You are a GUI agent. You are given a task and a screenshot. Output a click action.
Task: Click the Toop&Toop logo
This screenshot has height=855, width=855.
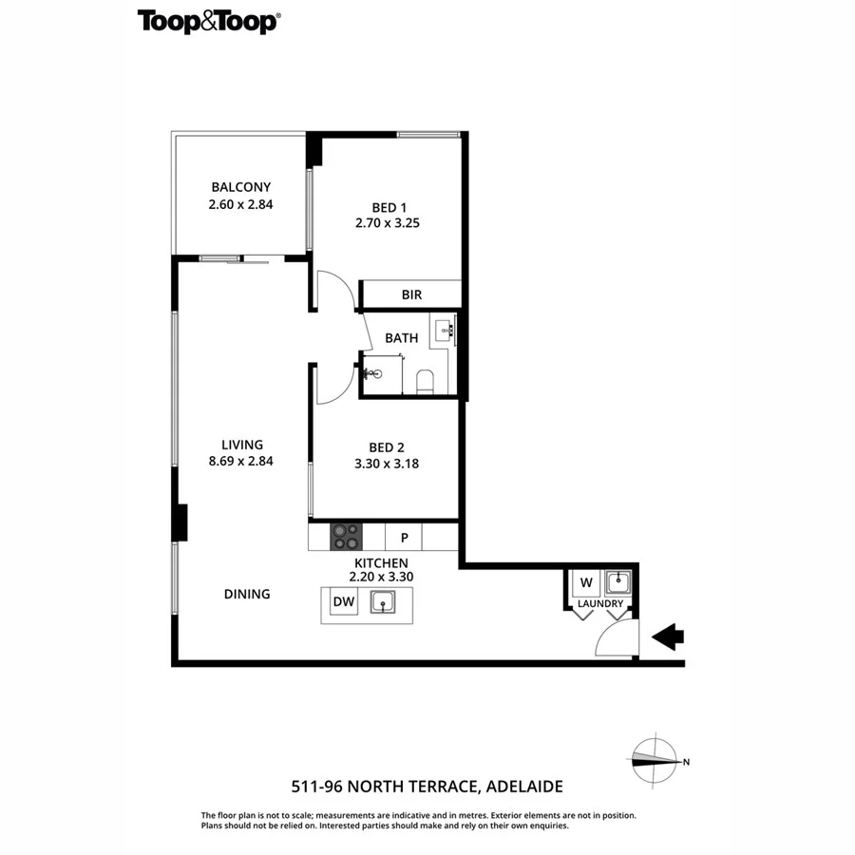208,21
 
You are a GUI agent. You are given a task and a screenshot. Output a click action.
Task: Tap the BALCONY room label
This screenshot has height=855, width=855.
241,187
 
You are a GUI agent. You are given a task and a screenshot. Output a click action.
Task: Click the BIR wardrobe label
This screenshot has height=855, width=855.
411,294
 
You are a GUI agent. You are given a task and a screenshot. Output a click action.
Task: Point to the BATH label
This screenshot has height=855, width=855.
401,337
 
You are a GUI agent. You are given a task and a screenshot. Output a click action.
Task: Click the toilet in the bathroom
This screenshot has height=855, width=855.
425,381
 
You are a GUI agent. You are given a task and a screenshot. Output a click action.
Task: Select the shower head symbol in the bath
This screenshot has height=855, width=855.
370,373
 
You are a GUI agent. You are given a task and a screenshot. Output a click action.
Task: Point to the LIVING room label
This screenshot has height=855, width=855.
241,444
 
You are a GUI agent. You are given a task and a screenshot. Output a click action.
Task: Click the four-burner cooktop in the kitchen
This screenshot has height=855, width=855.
346,537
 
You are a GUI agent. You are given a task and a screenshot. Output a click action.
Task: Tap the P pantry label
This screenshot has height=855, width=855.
404,538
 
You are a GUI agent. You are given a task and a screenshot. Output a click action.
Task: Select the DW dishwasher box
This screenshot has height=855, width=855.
343,601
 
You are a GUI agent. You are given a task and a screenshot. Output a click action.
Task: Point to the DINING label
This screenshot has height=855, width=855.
247,594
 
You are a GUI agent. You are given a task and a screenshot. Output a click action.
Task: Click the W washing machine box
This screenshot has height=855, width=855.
585,581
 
